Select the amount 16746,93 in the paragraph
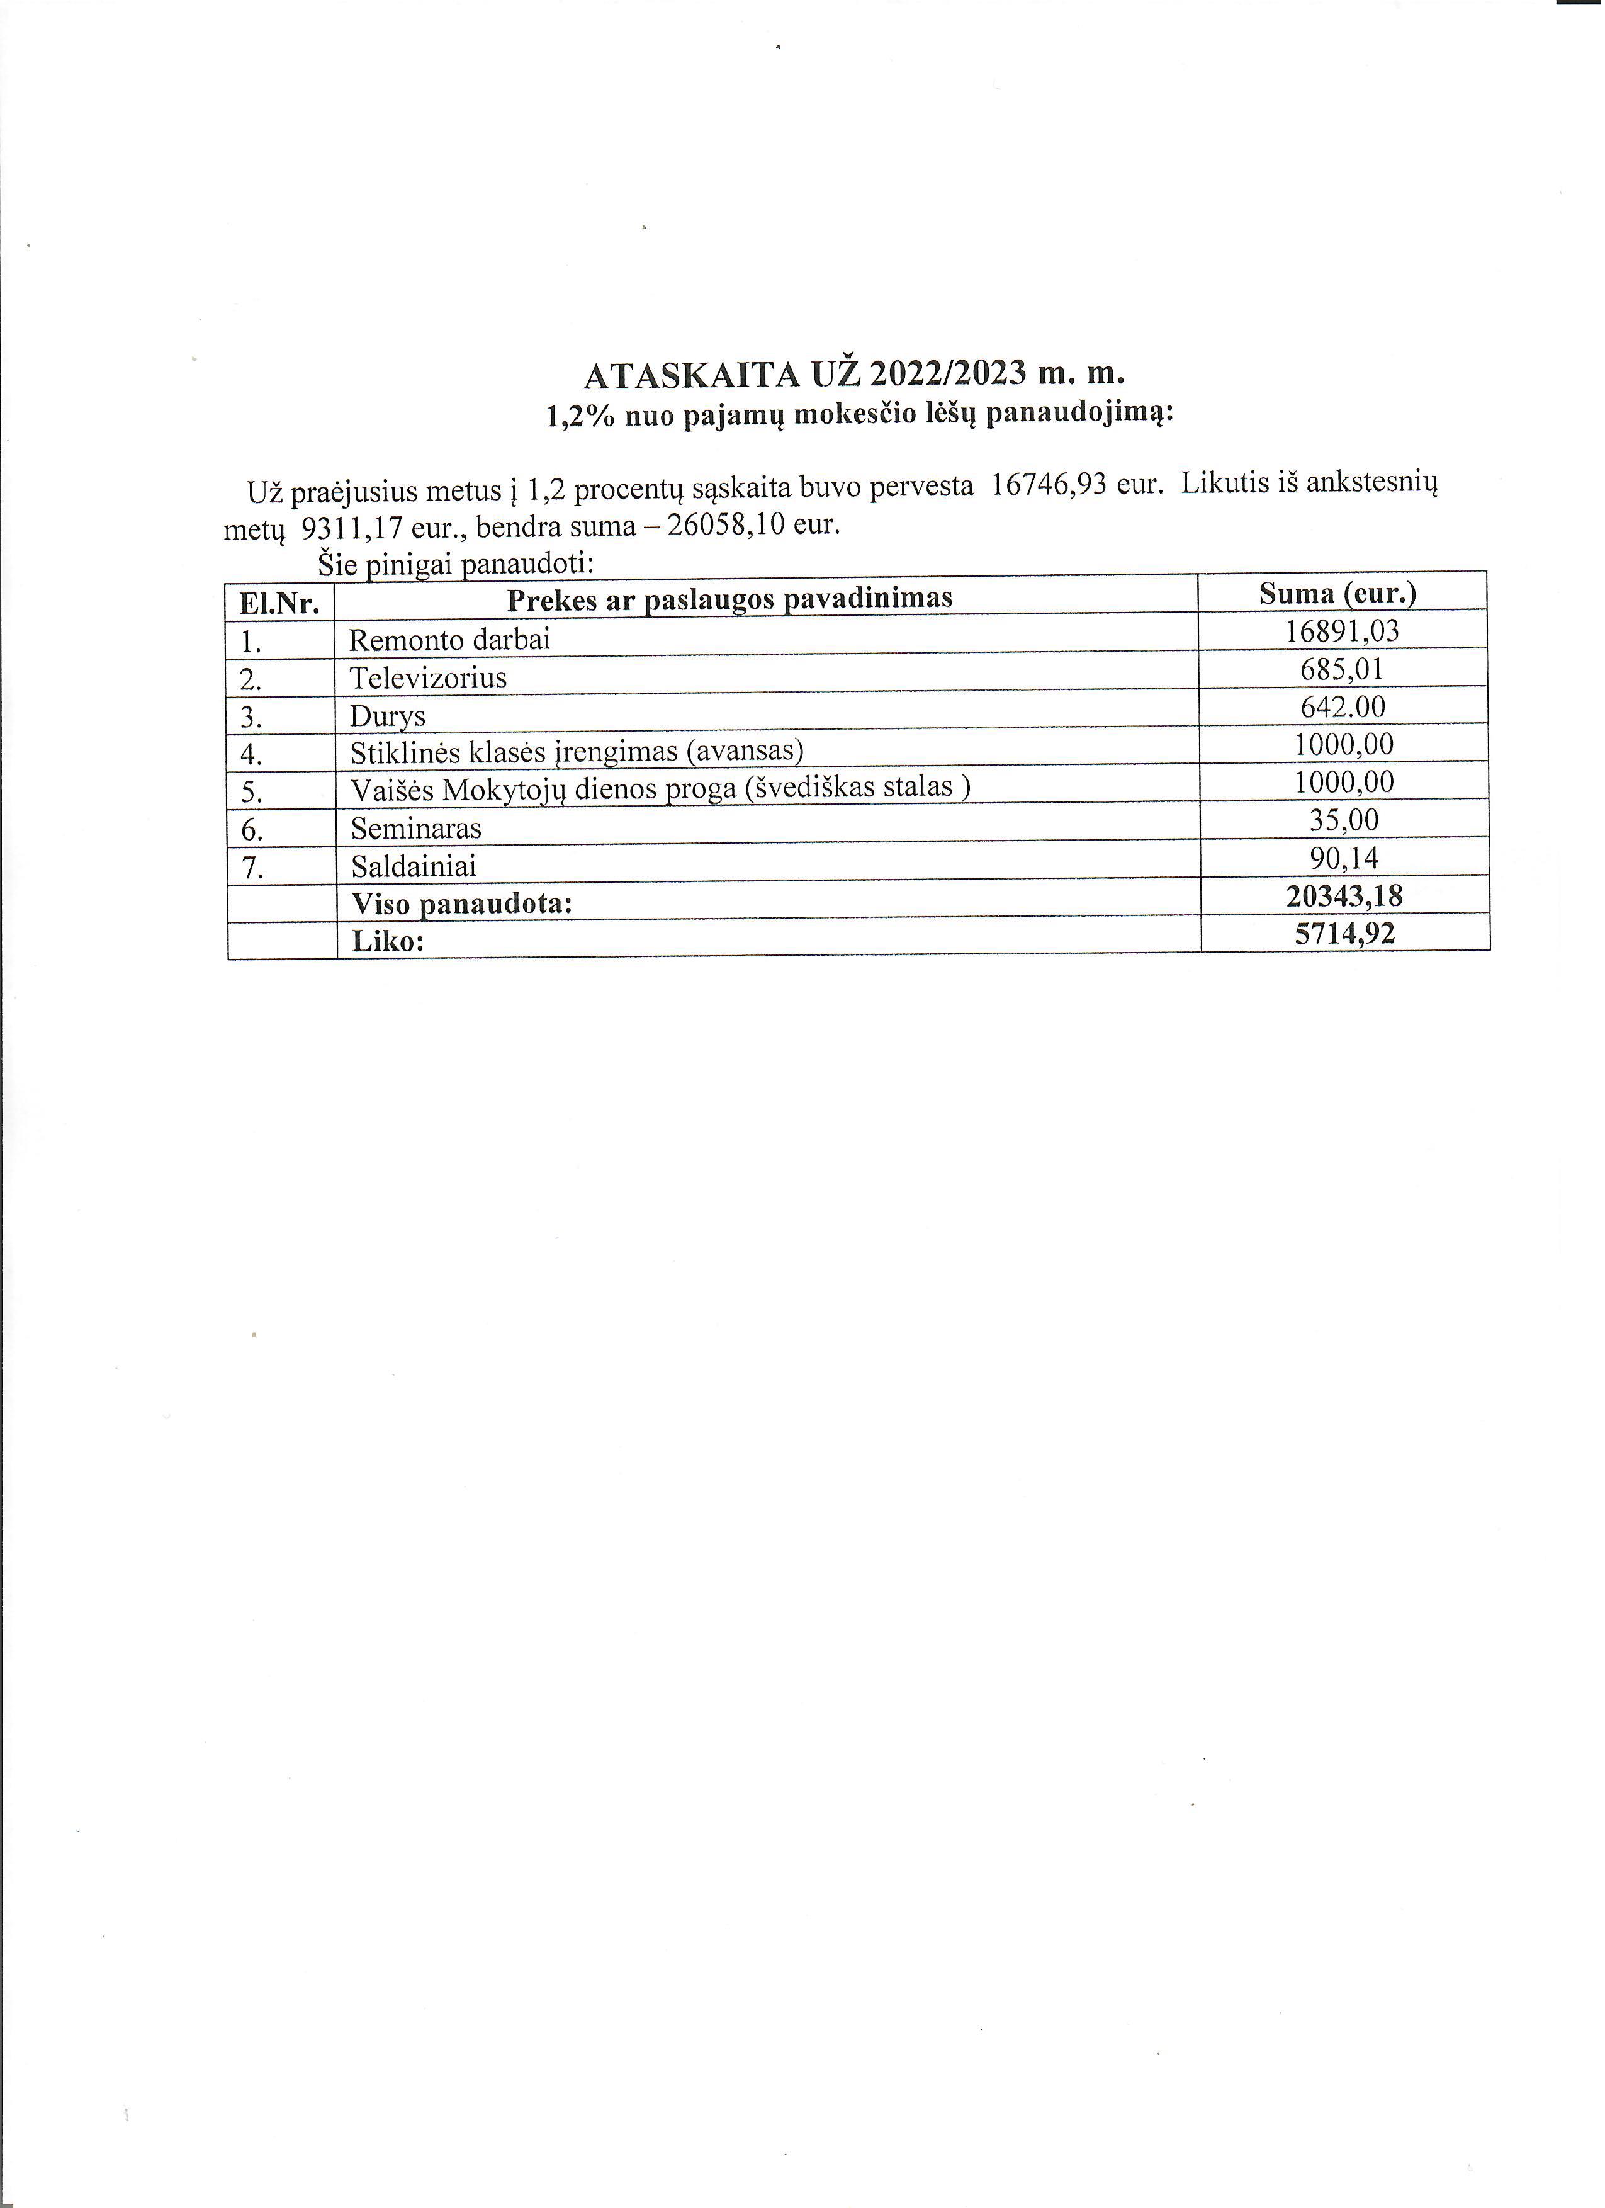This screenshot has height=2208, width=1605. tap(1048, 485)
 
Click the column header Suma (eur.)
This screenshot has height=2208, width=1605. tap(1338, 593)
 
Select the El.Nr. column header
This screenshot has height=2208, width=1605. tap(279, 604)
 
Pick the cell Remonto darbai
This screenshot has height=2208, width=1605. tap(449, 640)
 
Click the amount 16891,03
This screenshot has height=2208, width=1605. tap(1341, 631)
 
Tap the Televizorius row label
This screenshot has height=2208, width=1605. tap(428, 677)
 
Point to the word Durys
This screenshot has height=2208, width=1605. tap(387, 716)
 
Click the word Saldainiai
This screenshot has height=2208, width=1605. tap(414, 866)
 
